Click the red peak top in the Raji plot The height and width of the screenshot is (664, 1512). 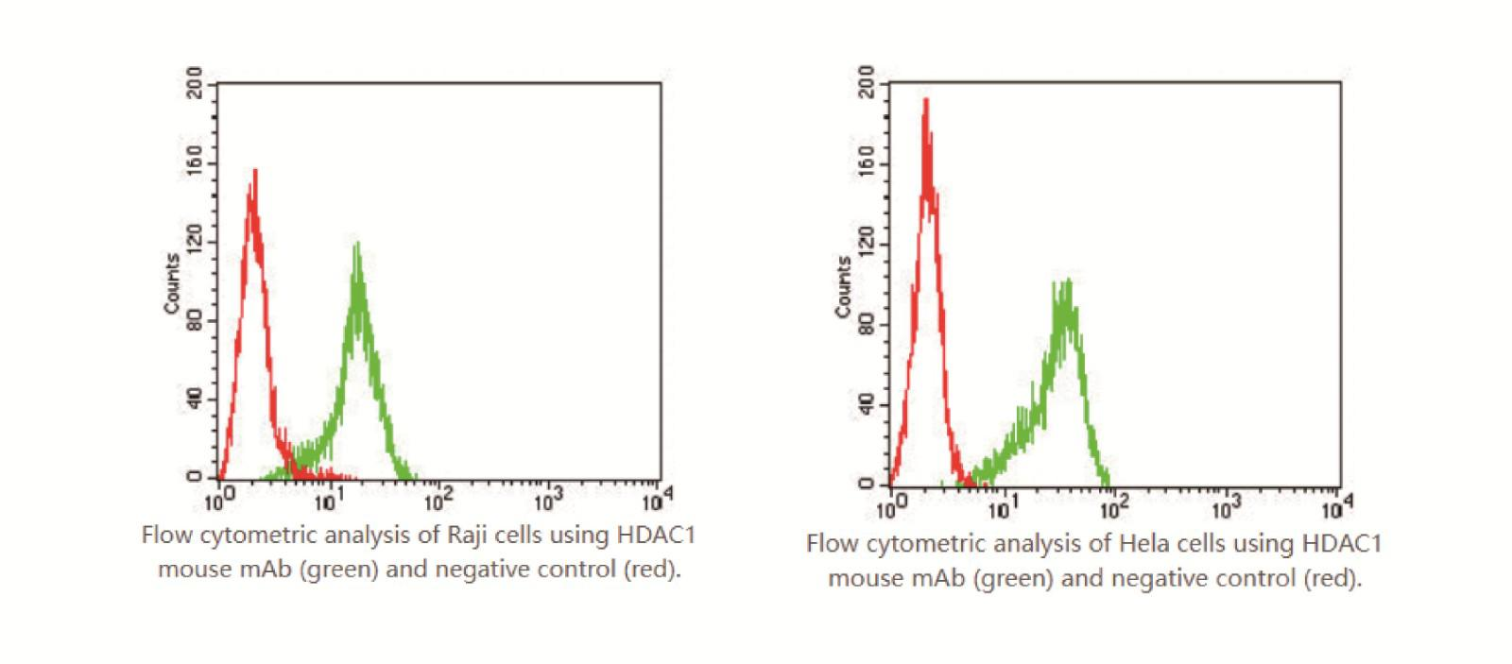tap(255, 171)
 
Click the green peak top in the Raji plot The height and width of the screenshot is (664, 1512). tap(357, 244)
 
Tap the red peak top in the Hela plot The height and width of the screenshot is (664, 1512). tap(926, 98)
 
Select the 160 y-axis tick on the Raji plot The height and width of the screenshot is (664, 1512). tap(195, 163)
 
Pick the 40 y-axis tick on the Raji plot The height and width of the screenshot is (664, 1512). tap(195, 400)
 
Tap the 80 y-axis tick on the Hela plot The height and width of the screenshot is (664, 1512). tap(866, 325)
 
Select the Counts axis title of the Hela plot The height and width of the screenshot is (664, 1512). tap(842, 286)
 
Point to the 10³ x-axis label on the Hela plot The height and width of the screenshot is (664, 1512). tap(1223, 507)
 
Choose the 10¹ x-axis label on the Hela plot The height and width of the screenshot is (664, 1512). tap(1002, 507)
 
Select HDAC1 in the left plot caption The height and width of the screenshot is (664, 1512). tap(655, 535)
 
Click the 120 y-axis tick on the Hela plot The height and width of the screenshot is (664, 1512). tap(866, 245)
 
